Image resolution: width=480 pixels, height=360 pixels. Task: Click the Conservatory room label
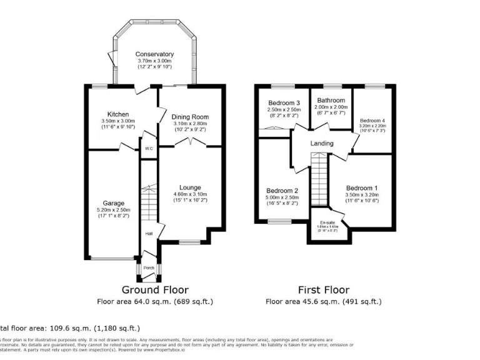coord(154,54)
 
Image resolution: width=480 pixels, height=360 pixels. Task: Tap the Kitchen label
coord(118,114)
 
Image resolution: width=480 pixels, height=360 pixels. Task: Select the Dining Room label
coord(190,117)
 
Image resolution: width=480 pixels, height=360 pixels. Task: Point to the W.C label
coord(149,149)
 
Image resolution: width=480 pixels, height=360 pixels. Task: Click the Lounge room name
coord(190,187)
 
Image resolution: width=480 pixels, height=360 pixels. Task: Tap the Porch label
coord(149,268)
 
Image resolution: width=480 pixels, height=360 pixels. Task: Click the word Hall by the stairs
coord(149,234)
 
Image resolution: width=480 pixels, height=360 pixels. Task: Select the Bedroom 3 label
coord(284,103)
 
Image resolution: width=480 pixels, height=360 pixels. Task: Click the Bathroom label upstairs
coord(331,100)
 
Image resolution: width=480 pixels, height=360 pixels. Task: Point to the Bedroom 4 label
coord(372,120)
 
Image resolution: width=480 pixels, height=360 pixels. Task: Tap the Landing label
coord(322,144)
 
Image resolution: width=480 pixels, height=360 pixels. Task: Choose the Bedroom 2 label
coord(282,191)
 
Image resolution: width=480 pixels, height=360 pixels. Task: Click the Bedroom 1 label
coord(362,187)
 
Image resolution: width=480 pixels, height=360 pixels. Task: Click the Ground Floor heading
coord(155,290)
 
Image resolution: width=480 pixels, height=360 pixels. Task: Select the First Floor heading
coord(324,290)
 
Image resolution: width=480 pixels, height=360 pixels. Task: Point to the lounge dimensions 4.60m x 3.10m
coord(190,195)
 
